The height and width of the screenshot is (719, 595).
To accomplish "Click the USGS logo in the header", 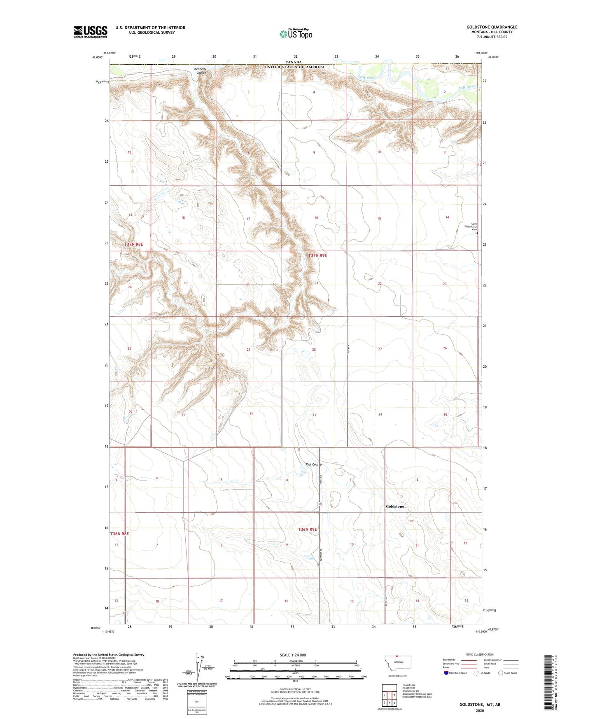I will click(x=91, y=32).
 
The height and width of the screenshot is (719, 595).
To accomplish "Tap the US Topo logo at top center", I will click(x=296, y=34).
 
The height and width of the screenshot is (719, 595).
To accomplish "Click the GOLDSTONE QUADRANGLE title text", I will click(x=492, y=27).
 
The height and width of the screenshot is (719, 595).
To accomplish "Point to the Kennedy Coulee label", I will click(x=201, y=71).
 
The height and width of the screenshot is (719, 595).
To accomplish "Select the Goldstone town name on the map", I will click(x=395, y=506).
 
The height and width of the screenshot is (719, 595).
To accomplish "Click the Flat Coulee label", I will click(x=313, y=465).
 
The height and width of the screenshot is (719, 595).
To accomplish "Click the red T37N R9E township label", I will click(x=317, y=255).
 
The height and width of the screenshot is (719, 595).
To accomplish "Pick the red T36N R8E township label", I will click(x=119, y=534).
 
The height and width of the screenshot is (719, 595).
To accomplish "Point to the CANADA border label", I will click(x=294, y=62).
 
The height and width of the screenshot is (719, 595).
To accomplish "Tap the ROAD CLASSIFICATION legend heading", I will click(x=480, y=654).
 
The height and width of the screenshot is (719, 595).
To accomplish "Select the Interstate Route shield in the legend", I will click(x=447, y=673).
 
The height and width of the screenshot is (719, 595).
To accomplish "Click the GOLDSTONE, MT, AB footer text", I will click(x=480, y=705).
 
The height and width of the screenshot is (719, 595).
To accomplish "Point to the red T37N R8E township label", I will click(x=134, y=245).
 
